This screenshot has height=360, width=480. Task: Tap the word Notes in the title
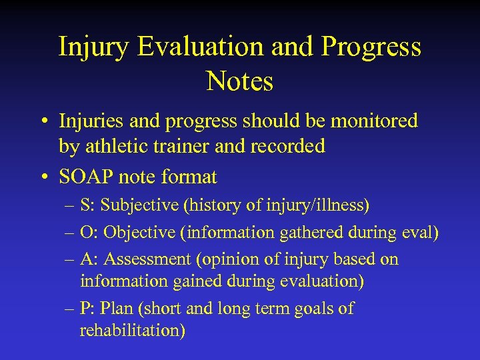(240, 82)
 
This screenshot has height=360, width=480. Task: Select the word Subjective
(140, 205)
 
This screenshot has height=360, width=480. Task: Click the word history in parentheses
(219, 205)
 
